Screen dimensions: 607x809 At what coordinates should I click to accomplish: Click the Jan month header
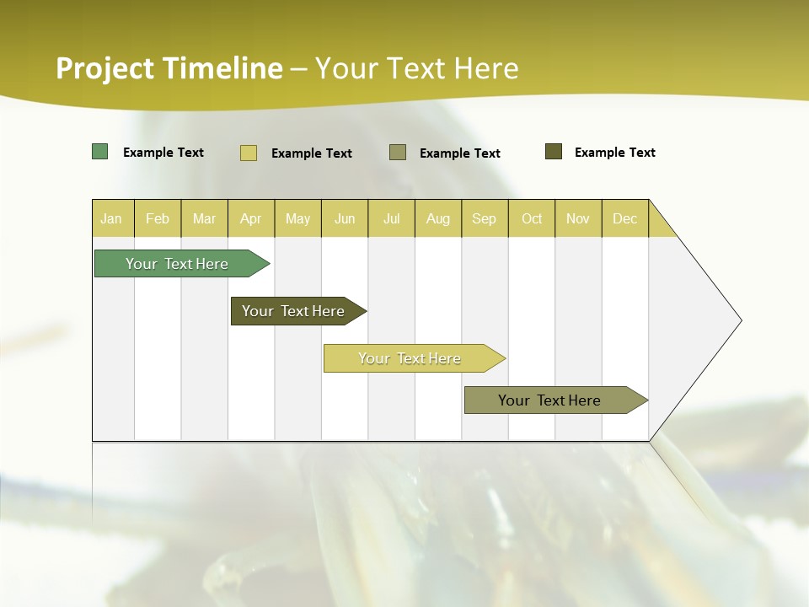point(112,218)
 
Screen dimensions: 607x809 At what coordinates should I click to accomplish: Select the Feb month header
point(158,218)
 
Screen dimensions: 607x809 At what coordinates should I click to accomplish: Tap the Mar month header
point(204,218)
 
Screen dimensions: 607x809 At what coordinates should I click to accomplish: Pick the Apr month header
point(251,218)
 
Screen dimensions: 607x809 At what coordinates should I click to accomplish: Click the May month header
point(297,218)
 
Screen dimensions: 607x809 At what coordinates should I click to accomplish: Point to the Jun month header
point(345,218)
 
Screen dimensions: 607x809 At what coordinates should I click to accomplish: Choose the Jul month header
point(391,218)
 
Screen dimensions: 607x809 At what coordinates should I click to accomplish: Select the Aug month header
point(438,218)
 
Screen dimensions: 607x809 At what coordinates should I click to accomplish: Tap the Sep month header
point(485,218)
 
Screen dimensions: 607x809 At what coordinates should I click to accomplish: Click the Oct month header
point(532,218)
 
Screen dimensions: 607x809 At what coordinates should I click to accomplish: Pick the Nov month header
point(578,218)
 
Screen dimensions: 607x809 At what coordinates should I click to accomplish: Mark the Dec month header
point(625,218)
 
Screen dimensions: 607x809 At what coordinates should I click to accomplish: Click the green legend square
point(100,152)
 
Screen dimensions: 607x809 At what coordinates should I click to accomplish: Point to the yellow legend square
point(249,153)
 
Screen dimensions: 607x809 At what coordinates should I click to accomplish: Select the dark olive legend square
point(554,152)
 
